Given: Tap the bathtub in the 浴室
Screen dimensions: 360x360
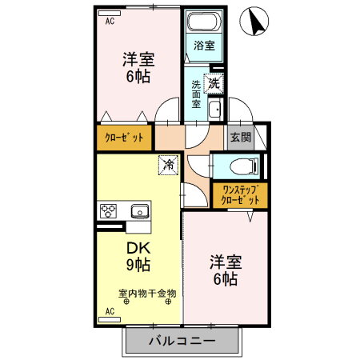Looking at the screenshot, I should [x=204, y=22].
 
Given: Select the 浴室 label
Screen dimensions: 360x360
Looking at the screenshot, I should [x=204, y=46].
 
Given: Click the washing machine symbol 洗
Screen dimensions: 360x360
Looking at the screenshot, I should [x=214, y=81].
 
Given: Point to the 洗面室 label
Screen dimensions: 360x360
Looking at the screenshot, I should [x=196, y=94].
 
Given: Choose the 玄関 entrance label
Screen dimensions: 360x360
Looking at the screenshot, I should [x=240, y=137].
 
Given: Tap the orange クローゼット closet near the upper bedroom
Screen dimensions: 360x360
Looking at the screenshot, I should [x=124, y=138].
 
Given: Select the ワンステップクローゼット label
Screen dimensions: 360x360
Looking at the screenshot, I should [x=240, y=194].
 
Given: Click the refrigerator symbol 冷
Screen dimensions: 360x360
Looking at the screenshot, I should [x=168, y=165].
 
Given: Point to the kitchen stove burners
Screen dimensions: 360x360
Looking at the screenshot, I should [x=109, y=211].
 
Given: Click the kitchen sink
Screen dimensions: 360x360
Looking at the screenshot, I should [x=138, y=211].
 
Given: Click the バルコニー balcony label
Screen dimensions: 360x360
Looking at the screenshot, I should [x=182, y=342].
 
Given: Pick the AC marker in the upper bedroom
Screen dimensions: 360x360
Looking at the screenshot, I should [x=110, y=21].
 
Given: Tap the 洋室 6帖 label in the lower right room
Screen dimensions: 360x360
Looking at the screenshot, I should [x=224, y=270].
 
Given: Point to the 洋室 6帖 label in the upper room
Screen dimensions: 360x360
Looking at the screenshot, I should [x=138, y=67].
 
